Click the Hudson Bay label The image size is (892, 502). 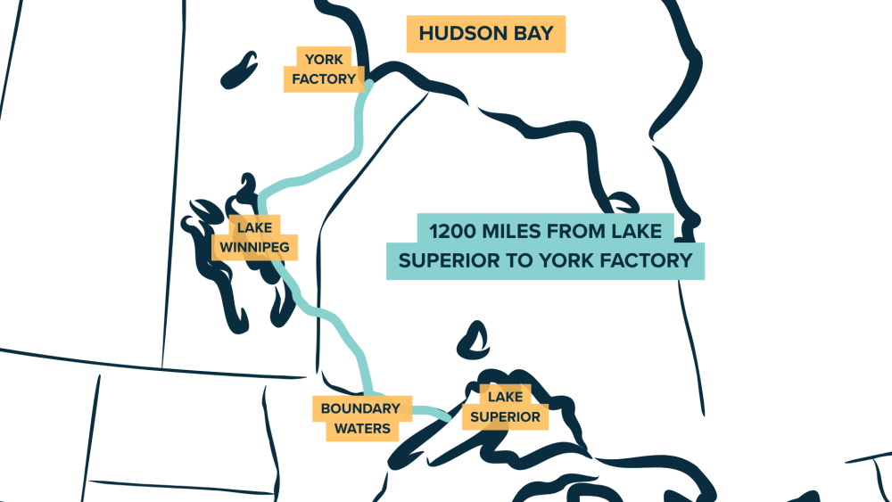486,34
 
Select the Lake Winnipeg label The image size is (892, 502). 253,236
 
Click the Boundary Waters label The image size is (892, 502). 360,418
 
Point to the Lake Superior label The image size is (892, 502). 505,407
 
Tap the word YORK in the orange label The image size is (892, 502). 325,61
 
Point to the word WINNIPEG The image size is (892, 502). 253,245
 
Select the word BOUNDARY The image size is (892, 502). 360,408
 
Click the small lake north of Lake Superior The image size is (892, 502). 470,338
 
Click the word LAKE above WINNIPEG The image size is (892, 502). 253,226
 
